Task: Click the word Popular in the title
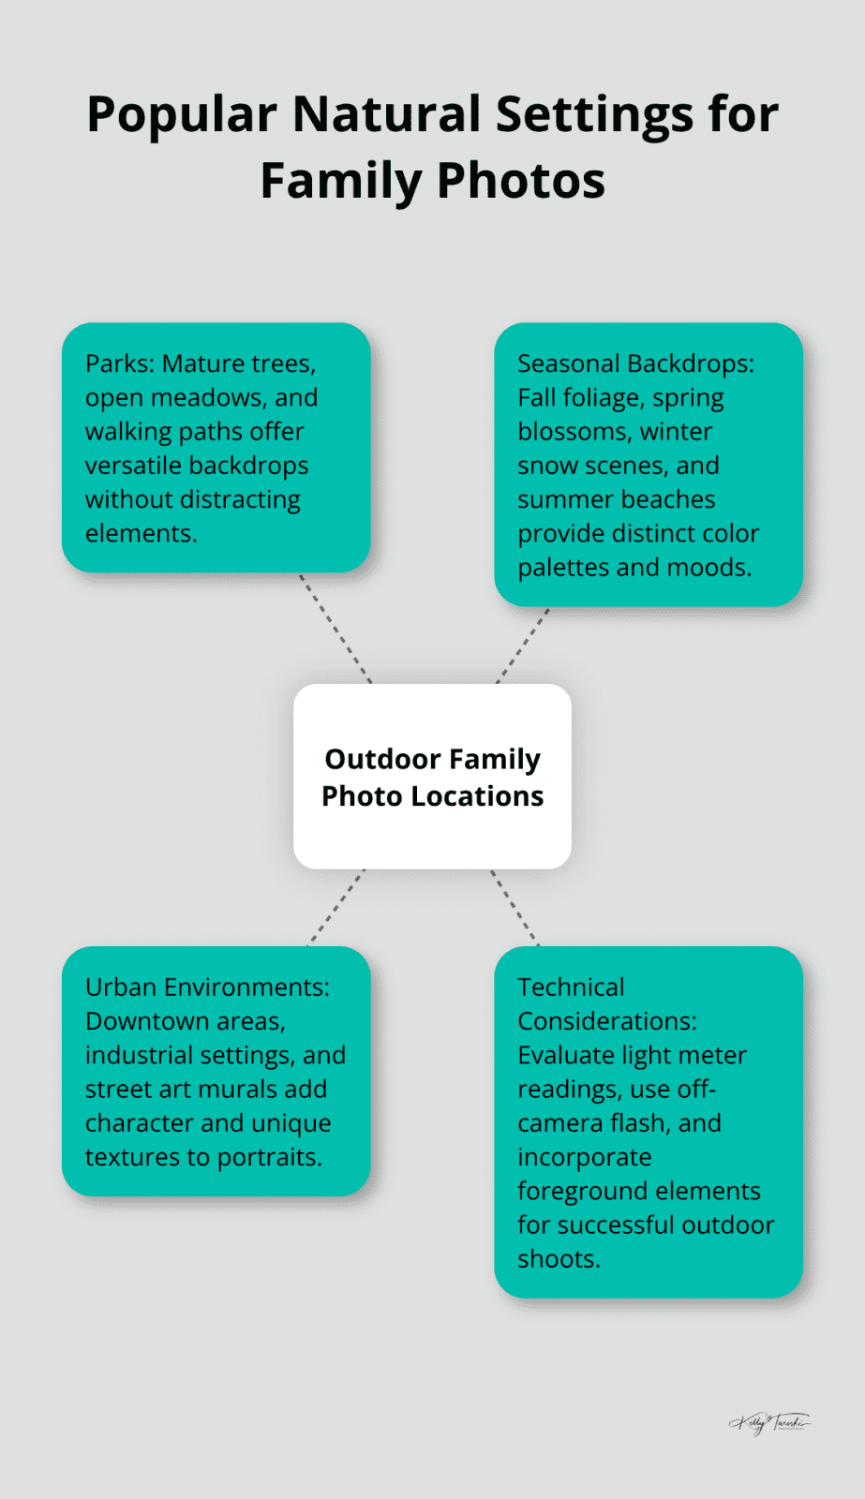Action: [x=181, y=115]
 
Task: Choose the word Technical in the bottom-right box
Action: [x=571, y=987]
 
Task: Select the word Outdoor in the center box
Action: [x=382, y=759]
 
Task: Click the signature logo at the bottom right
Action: [x=770, y=1423]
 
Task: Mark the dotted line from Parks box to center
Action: [x=336, y=628]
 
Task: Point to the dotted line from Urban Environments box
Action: [x=336, y=907]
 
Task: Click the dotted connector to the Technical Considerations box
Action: [x=515, y=907]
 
